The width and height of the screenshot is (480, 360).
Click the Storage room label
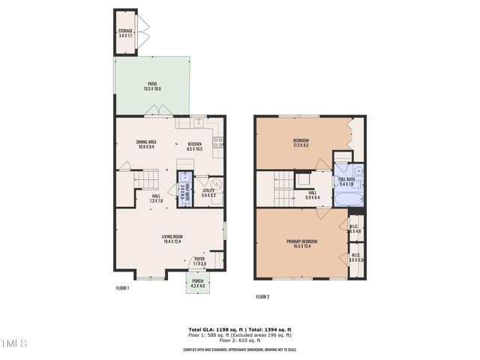[124, 33]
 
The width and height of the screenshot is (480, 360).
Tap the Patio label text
[151, 86]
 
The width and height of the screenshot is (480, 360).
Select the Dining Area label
[145, 145]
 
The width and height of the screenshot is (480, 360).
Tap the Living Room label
[172, 239]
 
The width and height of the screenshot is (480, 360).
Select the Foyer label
[199, 261]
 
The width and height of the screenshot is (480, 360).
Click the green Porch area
[197, 283]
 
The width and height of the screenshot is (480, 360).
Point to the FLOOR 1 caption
[122, 288]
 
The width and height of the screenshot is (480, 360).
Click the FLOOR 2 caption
[262, 297]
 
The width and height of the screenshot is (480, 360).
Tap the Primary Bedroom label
[301, 243]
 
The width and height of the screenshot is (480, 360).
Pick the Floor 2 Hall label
[312, 194]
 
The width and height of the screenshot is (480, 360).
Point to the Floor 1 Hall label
[156, 199]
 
